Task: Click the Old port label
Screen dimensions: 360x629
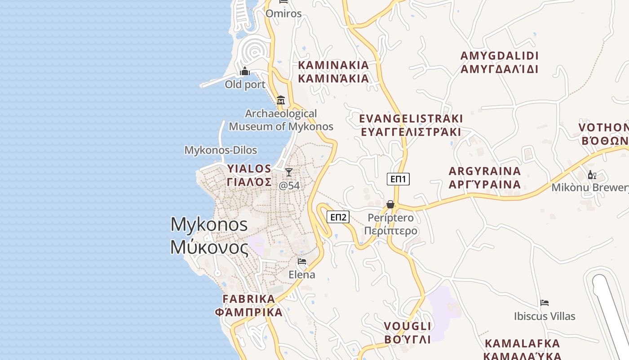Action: coord(245,85)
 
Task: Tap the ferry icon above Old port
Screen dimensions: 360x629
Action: coord(245,71)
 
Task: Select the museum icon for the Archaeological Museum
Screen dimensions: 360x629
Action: coord(281,100)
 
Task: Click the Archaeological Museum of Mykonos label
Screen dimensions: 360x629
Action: coord(281,120)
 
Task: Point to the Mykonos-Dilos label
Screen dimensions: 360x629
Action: coord(221,150)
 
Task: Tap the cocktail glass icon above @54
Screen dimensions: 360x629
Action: coord(289,172)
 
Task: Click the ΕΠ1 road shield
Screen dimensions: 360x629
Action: coord(398,179)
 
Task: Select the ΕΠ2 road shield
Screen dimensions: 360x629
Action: coord(338,217)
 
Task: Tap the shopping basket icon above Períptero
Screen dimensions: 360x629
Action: coord(390,204)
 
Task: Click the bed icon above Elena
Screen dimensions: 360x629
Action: coord(302,261)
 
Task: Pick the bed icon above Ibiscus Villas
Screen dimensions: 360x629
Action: coord(545,303)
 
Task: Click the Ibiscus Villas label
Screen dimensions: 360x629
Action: coord(545,316)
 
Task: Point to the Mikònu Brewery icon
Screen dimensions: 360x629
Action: coord(592,175)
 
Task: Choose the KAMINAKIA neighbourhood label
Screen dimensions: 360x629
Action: coord(333,72)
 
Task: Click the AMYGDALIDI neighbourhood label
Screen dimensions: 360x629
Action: coord(499,63)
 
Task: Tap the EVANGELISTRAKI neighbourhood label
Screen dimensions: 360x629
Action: coord(411,125)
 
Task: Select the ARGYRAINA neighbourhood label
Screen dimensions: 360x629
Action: coord(485,178)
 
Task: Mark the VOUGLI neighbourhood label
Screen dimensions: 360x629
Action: coord(408,333)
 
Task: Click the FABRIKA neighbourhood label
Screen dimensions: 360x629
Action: coord(248,306)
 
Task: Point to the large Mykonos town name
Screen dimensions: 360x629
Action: coord(209,235)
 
